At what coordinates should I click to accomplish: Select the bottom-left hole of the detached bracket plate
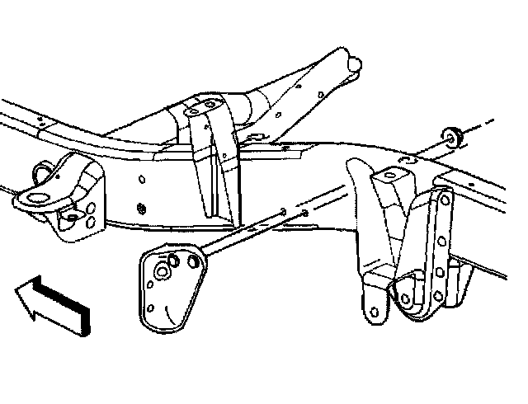pos(152,312)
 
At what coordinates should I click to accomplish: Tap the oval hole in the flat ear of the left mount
pos(69,217)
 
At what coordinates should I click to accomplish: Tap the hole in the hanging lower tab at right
pos(370,312)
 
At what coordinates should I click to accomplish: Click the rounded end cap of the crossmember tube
pos(356,62)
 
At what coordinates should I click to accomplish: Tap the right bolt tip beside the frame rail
pos(305,215)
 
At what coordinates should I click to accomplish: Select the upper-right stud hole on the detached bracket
pos(196,261)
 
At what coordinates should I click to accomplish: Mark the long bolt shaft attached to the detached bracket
pos(247,235)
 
